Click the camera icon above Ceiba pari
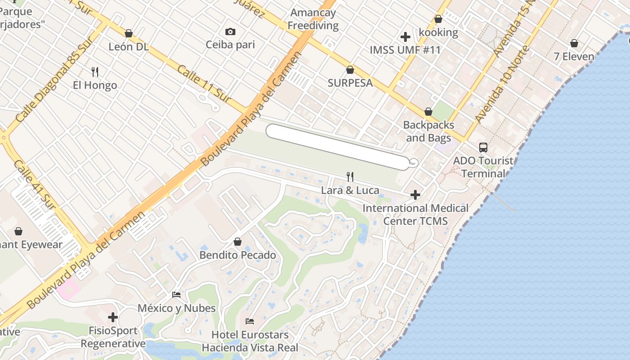tap(230, 31)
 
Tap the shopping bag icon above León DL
tap(129, 33)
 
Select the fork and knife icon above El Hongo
tap(95, 72)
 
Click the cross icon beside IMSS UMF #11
tap(405, 37)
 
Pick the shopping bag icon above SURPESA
tap(350, 70)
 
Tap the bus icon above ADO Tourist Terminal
tap(483, 147)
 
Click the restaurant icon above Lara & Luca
tap(350, 176)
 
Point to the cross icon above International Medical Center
tap(415, 195)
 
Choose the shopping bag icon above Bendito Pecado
tap(238, 242)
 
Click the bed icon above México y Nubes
tap(176, 295)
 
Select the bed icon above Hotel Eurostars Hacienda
tap(250, 321)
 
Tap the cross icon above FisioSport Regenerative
tap(113, 317)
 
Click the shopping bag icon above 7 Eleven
tap(574, 43)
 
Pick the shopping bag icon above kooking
tap(438, 19)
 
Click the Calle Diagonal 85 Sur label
tap(54, 79)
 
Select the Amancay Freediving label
tap(313, 19)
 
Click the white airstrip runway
tap(337, 146)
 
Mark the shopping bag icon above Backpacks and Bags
tap(428, 112)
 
